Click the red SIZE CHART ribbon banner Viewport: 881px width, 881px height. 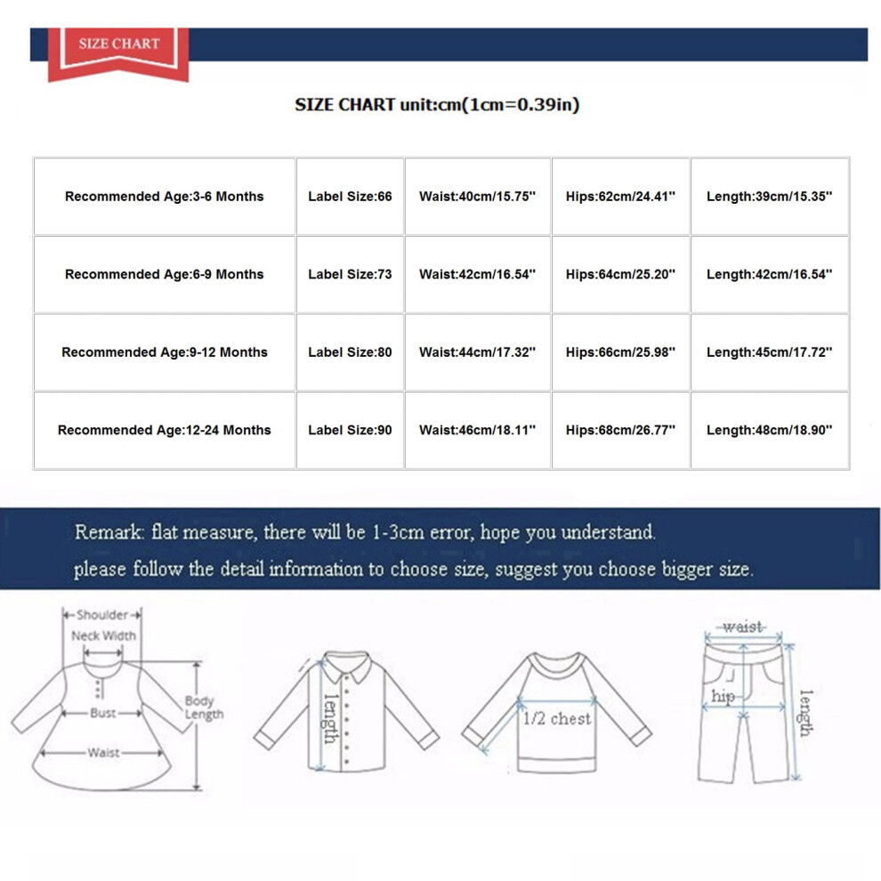coord(118,54)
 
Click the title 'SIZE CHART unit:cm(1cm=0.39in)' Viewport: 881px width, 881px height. coord(437,104)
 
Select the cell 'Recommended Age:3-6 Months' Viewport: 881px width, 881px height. coord(164,196)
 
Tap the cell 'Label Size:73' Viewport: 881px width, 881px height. coord(350,274)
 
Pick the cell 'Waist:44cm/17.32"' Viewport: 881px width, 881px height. coord(478,352)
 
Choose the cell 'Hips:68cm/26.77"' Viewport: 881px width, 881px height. coord(620,430)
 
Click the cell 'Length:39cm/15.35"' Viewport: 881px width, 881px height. coord(769,196)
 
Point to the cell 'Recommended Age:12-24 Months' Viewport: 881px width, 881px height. coord(164,430)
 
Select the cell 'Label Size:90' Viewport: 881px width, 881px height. coord(350,430)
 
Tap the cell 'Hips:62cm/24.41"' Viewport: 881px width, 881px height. coord(620,196)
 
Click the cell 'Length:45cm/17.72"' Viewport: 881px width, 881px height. coord(769,352)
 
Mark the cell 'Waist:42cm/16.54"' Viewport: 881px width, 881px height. coord(478,274)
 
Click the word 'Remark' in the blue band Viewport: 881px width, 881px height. coord(109,531)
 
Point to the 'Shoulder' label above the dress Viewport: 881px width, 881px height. coord(102,615)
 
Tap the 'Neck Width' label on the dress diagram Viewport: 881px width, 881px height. coord(103,635)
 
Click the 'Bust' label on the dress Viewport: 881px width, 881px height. coord(103,713)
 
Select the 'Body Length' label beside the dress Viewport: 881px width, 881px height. coord(204,707)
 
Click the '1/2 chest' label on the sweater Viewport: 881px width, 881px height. coord(557,719)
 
